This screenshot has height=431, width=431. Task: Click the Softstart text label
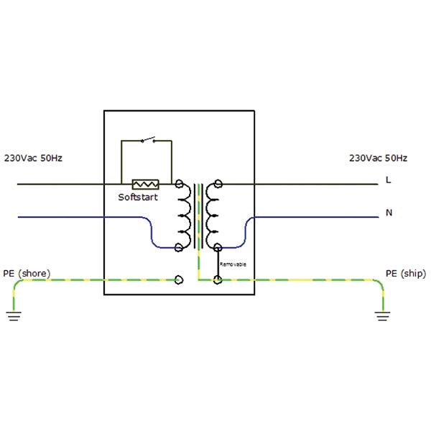coord(138,197)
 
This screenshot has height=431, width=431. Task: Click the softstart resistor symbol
coord(145,185)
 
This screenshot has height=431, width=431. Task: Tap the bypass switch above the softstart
coord(149,139)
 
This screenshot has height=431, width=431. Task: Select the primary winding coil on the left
coord(184,215)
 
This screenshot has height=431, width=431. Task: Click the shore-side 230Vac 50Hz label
coord(34,158)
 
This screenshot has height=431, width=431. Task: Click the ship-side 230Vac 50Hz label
coord(378,158)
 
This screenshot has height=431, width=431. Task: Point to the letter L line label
coord(389,180)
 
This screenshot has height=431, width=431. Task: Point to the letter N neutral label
coord(389,213)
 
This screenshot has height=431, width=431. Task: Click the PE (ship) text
coord(406,274)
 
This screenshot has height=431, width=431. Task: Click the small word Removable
coord(233,264)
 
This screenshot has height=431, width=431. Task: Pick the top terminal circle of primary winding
coord(178,185)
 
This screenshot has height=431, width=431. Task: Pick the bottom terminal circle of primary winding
coord(178,248)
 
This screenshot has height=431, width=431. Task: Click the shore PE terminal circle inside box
coord(178,279)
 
